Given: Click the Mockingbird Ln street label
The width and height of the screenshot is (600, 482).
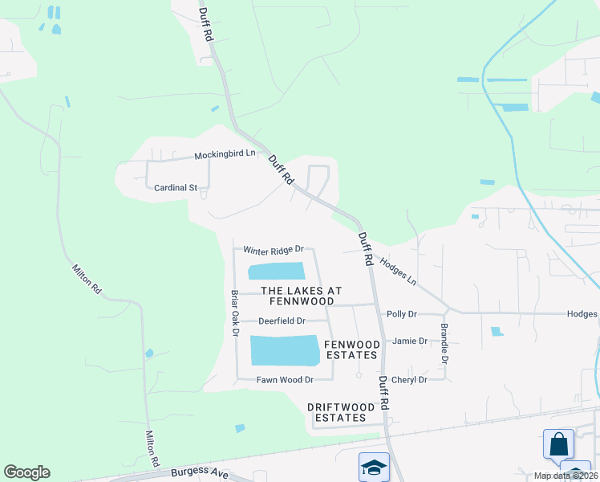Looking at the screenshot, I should pyautogui.click(x=225, y=154).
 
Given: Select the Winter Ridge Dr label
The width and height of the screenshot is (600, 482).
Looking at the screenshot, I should pyautogui.click(x=274, y=250).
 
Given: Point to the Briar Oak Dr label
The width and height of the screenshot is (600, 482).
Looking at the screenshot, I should pyautogui.click(x=235, y=312).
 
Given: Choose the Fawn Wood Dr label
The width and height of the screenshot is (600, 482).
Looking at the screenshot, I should pyautogui.click(x=284, y=379).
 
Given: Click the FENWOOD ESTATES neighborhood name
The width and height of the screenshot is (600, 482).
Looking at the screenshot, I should pyautogui.click(x=351, y=349).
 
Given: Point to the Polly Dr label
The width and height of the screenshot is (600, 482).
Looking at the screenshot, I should pyautogui.click(x=402, y=314).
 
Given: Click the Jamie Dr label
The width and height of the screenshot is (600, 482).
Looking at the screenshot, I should pyautogui.click(x=409, y=341).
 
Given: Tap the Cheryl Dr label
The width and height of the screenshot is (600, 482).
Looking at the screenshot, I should pyautogui.click(x=408, y=379).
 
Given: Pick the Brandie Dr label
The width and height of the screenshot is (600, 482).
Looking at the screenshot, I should pyautogui.click(x=444, y=344).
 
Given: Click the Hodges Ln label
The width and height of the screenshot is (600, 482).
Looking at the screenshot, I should pyautogui.click(x=398, y=271).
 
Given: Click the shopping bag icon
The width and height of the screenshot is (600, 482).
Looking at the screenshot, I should pyautogui.click(x=558, y=444).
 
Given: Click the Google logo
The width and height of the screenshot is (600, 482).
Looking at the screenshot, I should pyautogui.click(x=26, y=472).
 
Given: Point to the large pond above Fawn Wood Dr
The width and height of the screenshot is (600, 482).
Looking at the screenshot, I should pyautogui.click(x=285, y=350).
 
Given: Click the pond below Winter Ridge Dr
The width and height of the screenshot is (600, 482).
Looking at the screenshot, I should pyautogui.click(x=277, y=272).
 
